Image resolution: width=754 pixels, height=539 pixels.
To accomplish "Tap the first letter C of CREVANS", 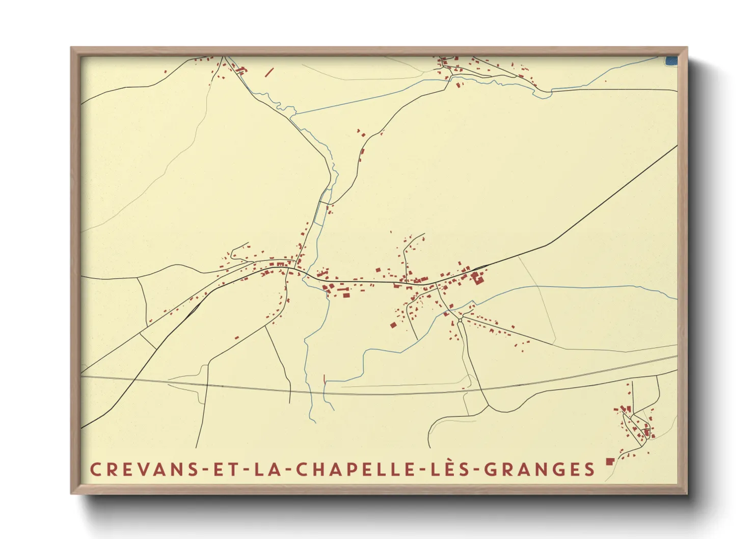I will click(95, 469).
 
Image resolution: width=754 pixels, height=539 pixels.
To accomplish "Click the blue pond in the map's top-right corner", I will click(671, 61).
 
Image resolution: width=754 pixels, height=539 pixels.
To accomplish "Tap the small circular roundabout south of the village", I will click(460, 320).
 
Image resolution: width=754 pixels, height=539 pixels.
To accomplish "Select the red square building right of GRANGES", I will click(609, 462).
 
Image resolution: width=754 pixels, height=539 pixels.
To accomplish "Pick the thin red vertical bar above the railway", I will click(325, 379).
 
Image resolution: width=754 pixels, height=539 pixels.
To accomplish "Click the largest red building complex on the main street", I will click(477, 278).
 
